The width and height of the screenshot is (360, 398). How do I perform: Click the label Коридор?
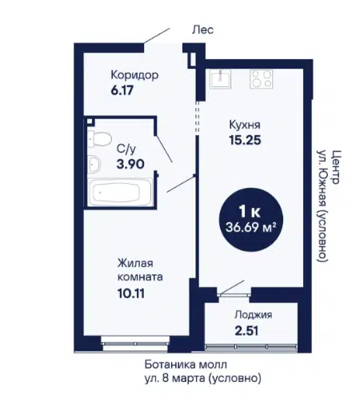(134, 75)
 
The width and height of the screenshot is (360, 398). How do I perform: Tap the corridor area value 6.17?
(122, 90)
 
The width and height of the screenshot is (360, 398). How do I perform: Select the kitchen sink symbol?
(221, 79)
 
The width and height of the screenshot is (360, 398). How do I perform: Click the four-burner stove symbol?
(262, 79)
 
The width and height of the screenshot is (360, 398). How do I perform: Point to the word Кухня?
(245, 125)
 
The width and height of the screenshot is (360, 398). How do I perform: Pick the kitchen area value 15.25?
(245, 140)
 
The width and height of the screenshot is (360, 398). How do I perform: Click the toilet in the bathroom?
(99, 139)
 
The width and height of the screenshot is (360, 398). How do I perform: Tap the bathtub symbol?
(120, 192)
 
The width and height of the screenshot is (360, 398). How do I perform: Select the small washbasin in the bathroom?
(94, 164)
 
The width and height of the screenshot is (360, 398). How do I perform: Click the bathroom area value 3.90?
(130, 164)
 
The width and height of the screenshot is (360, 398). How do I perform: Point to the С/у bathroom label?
(126, 149)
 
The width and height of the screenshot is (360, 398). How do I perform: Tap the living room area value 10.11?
(131, 293)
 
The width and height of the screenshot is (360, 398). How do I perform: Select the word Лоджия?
(254, 315)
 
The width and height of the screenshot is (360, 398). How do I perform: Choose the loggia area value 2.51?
(246, 331)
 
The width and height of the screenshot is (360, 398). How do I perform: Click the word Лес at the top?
(203, 30)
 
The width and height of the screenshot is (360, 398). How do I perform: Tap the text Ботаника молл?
(186, 364)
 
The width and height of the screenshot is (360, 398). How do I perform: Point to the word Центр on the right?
(336, 167)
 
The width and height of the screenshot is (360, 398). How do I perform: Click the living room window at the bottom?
(135, 344)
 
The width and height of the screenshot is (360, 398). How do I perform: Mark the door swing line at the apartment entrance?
(157, 35)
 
